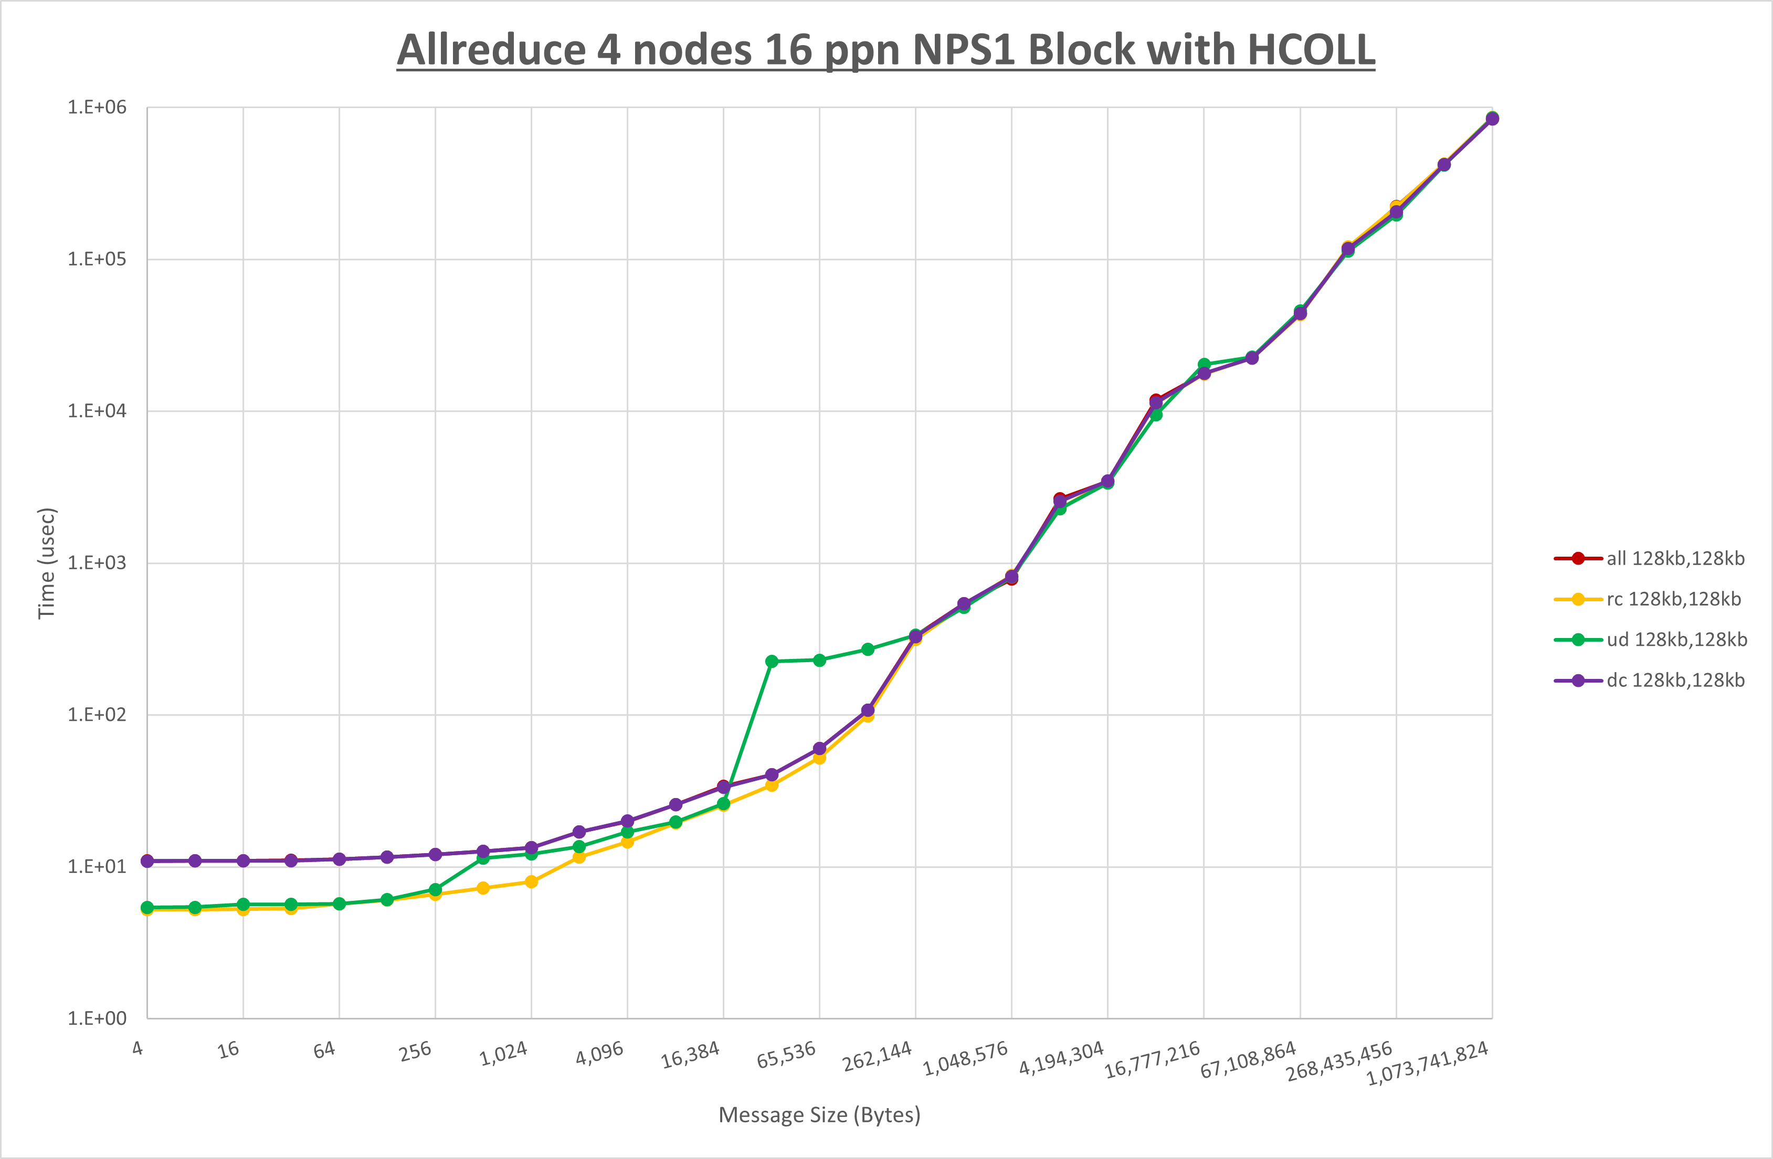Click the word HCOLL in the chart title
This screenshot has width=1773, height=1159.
[x=1311, y=50]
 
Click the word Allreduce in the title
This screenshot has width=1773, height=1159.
[x=492, y=50]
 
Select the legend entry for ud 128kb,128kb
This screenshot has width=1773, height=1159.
[x=1676, y=639]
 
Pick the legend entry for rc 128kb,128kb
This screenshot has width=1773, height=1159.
[x=1673, y=599]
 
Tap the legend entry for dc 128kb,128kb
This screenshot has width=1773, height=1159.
[x=1675, y=680]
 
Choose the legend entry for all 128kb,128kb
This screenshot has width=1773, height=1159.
[x=1675, y=559]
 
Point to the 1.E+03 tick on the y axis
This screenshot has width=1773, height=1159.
[x=97, y=562]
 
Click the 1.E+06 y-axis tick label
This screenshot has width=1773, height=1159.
[x=97, y=107]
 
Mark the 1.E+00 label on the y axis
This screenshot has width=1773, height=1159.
[x=97, y=1018]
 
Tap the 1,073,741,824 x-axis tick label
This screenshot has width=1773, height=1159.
[x=1427, y=1064]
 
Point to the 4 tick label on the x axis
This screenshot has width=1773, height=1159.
[x=138, y=1048]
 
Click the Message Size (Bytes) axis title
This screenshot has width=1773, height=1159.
[x=819, y=1115]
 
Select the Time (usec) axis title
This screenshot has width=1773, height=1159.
[x=46, y=563]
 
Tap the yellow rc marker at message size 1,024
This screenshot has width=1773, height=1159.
[x=531, y=882]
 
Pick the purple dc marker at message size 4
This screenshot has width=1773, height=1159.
[x=147, y=861]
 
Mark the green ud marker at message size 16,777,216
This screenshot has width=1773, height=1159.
[x=1204, y=364]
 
